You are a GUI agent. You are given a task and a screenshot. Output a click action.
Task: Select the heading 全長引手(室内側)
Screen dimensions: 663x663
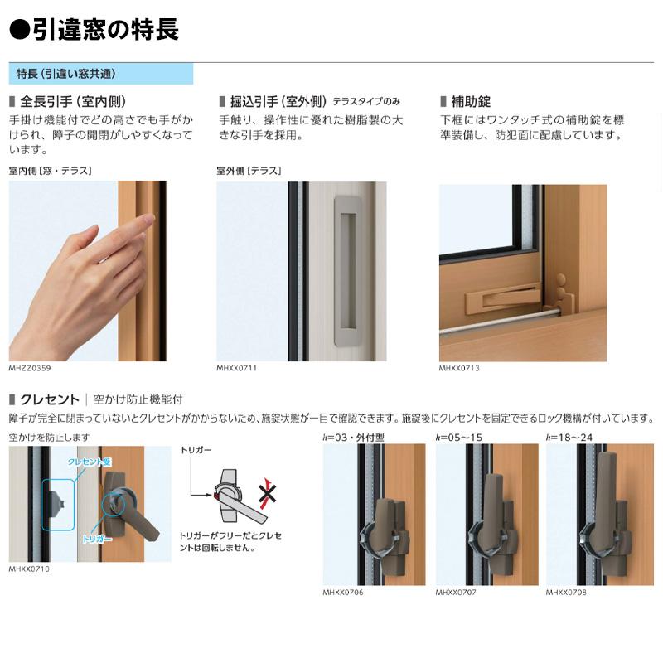[x=71, y=102]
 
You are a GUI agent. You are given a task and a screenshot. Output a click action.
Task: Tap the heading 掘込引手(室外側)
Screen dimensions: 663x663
[x=278, y=102]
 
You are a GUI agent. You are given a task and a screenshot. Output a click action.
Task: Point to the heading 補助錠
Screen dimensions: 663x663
[x=470, y=102]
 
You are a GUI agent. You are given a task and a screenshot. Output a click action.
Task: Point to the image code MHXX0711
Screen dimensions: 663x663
[x=237, y=367]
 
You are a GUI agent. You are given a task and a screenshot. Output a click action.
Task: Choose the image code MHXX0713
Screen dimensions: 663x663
[x=459, y=367]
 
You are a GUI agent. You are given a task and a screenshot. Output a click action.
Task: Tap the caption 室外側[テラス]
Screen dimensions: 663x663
[x=249, y=171]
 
